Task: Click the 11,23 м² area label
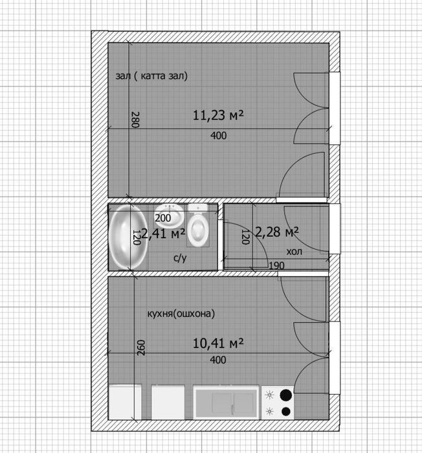click(x=218, y=115)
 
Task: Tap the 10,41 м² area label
click(x=218, y=343)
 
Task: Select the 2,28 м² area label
click(x=277, y=232)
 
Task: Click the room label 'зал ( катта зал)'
click(x=151, y=76)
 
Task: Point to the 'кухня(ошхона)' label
click(x=181, y=313)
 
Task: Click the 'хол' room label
click(x=294, y=252)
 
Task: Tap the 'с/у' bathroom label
click(x=180, y=258)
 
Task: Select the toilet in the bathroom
click(x=198, y=225)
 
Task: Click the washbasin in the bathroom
click(x=170, y=215)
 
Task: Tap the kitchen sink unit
click(x=226, y=402)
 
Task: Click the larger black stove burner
click(x=286, y=395)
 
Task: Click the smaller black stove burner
click(x=286, y=411)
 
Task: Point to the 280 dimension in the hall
click(x=135, y=120)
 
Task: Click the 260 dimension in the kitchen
click(x=140, y=348)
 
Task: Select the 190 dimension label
click(x=276, y=265)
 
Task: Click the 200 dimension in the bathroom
click(x=162, y=218)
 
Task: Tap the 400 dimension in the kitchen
click(x=218, y=360)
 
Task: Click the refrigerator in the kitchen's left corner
click(x=125, y=402)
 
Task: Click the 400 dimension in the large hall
click(x=219, y=135)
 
